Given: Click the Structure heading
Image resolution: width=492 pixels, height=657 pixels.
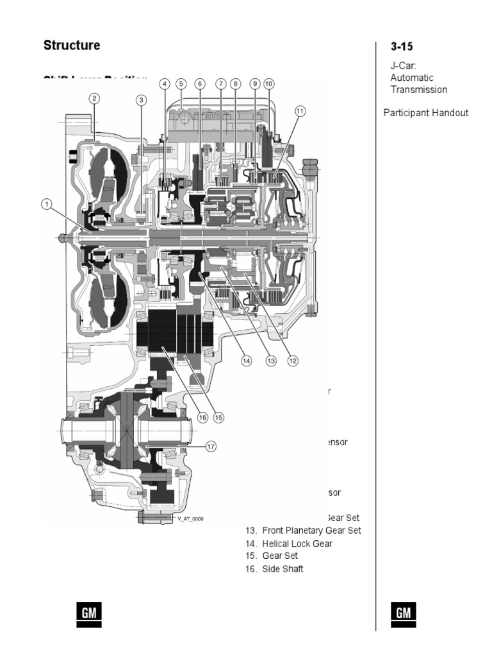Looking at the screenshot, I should coord(72,46).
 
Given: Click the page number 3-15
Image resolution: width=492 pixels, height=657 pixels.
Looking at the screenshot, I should coord(402,47).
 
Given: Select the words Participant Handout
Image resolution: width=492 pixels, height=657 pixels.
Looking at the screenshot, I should coord(426,113).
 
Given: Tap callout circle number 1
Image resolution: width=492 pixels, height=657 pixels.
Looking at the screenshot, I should coord(46,205).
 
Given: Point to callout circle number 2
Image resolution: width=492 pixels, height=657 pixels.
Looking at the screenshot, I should coord(94,98).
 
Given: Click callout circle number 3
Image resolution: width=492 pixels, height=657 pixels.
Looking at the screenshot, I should coord(142,99).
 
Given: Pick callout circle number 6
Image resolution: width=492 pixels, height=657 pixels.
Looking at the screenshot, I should coord(199,84).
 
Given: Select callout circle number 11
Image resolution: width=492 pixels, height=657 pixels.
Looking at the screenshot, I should coord(300,111).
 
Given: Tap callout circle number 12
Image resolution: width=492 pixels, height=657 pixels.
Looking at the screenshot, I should coord(293,361).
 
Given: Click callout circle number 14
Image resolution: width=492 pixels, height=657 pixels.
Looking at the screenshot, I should coord(246,361).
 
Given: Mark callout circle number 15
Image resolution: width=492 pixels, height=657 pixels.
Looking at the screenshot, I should coord(218,417).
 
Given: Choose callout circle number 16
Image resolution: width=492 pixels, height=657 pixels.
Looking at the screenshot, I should coord(202,417).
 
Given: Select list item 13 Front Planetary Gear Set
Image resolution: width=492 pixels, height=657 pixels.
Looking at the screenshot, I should coord(303,531).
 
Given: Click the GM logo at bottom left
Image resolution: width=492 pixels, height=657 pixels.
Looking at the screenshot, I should coord(89,614).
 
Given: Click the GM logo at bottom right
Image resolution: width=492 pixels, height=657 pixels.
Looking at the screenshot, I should coord(403,614).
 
